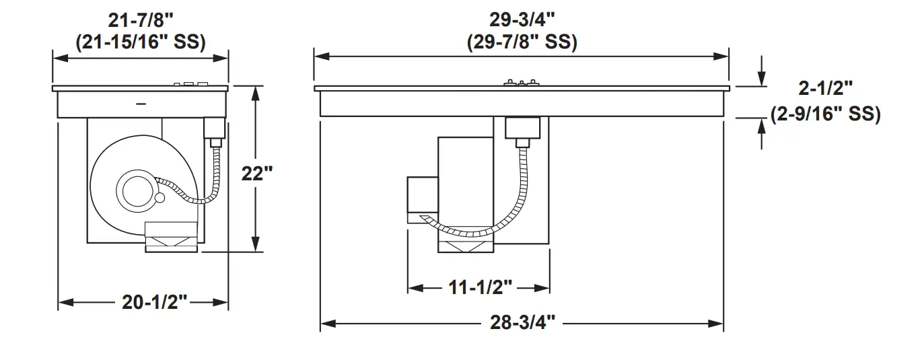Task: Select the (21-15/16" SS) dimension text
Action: click(140, 41)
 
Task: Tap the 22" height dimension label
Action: click(256, 173)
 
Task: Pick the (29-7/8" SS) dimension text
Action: click(522, 41)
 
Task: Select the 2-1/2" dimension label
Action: click(825, 88)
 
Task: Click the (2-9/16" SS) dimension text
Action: click(825, 114)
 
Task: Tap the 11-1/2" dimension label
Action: click(480, 288)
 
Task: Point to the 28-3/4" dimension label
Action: click(522, 324)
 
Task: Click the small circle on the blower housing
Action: click(160, 198)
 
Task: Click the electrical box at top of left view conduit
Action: click(214, 127)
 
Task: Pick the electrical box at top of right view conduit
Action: click(522, 127)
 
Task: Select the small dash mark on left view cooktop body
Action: click(141, 104)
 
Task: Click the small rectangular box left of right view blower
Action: click(422, 194)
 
